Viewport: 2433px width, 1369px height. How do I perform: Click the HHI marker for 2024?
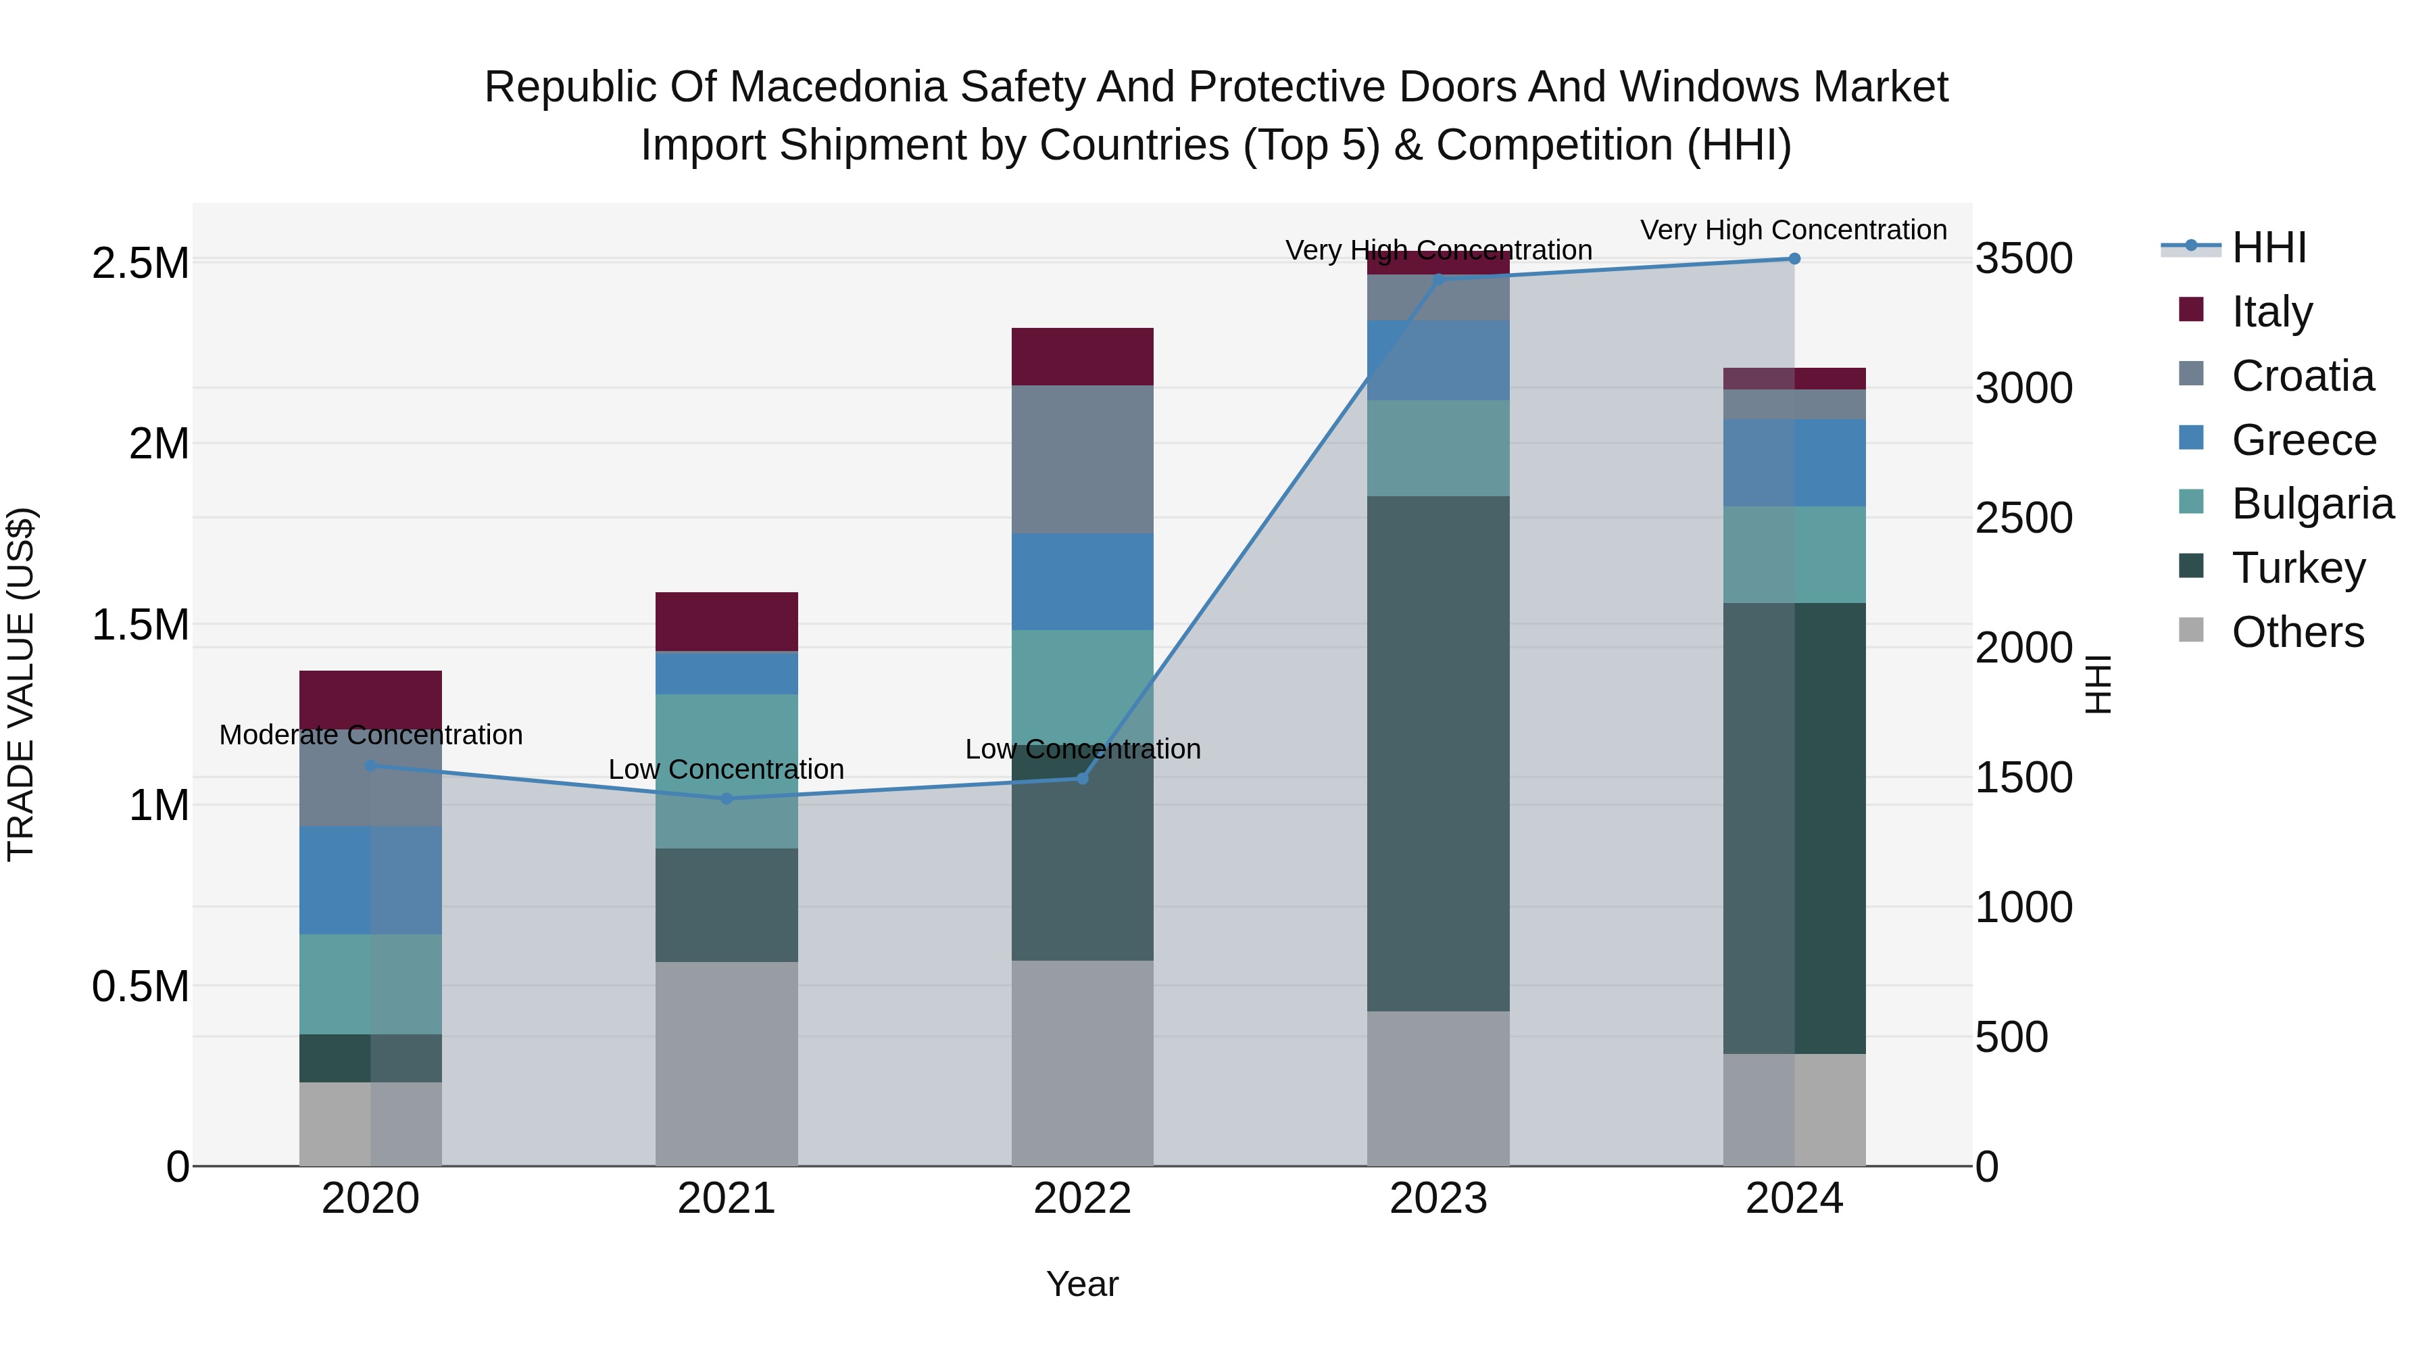[x=1794, y=259]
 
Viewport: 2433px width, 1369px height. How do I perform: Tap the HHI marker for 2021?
[x=727, y=798]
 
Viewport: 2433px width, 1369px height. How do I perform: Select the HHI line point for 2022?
[x=1083, y=779]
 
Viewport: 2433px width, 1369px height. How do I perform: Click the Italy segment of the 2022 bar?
[x=1083, y=356]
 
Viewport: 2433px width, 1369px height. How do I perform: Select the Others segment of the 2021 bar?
[x=727, y=1063]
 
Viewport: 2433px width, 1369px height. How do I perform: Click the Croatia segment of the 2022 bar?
[x=1083, y=459]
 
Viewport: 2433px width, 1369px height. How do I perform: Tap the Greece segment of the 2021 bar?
[x=727, y=673]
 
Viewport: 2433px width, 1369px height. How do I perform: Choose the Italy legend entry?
[x=2271, y=311]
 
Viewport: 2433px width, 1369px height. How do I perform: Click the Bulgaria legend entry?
[x=2311, y=504]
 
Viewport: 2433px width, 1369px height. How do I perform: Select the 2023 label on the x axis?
[x=1437, y=1199]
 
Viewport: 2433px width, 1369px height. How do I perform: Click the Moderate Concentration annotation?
[x=370, y=735]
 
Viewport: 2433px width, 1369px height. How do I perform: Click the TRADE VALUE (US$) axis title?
[x=21, y=684]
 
